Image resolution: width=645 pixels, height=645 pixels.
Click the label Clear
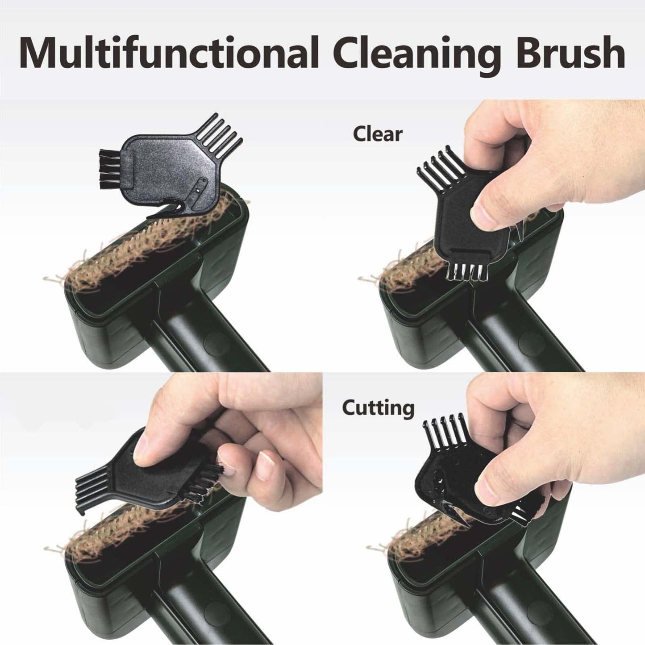tap(378, 134)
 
